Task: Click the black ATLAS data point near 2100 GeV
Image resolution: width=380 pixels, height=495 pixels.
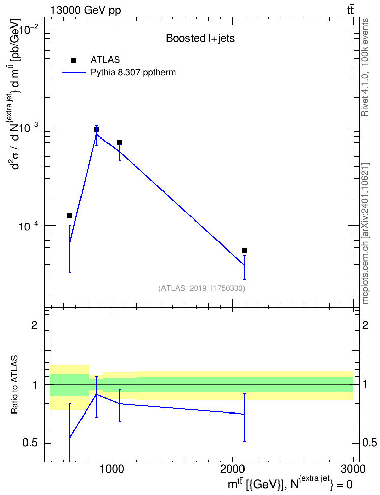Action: click(244, 251)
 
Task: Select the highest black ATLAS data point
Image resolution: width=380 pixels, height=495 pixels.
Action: click(96, 129)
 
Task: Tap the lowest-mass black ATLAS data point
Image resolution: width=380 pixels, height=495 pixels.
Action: click(70, 216)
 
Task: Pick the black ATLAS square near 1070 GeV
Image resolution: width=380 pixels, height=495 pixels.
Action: click(120, 142)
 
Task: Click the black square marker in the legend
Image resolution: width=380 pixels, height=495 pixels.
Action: click(74, 60)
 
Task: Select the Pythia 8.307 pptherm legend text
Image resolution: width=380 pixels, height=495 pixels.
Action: click(133, 73)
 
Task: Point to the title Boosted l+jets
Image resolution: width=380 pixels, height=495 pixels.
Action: click(200, 38)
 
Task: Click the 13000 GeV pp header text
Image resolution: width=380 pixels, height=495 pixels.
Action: click(85, 11)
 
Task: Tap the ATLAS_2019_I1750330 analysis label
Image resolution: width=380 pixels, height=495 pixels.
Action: click(202, 288)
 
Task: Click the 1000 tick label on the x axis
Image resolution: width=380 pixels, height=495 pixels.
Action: click(112, 469)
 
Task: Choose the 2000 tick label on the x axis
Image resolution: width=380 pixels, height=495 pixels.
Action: click(232, 469)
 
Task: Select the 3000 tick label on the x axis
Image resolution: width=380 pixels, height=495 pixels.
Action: click(353, 469)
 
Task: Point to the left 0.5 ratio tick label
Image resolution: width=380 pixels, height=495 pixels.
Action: click(31, 443)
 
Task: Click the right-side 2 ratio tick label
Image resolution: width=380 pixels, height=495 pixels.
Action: click(365, 325)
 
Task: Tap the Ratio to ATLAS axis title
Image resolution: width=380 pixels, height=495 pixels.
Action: click(14, 384)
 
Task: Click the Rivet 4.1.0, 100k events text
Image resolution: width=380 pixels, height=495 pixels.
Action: click(365, 68)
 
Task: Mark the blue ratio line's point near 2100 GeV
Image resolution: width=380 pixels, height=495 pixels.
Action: click(245, 414)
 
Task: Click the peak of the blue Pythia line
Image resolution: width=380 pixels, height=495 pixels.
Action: click(96, 134)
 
